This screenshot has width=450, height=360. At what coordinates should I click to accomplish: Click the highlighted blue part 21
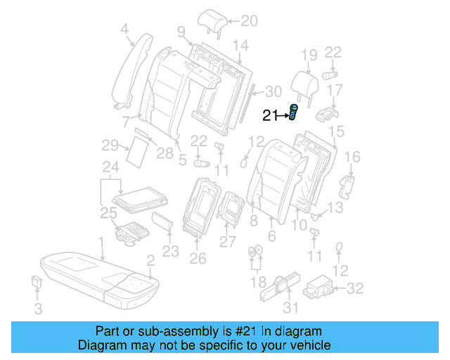tap(293, 112)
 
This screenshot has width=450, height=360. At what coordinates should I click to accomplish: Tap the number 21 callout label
tap(271, 116)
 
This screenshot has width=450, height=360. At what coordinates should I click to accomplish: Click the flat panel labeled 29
tap(134, 150)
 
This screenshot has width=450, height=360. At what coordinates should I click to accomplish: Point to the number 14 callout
tap(240, 46)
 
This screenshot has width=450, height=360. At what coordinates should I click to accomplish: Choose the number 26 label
tap(198, 259)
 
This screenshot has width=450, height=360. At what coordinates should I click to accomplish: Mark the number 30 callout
tap(273, 91)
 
